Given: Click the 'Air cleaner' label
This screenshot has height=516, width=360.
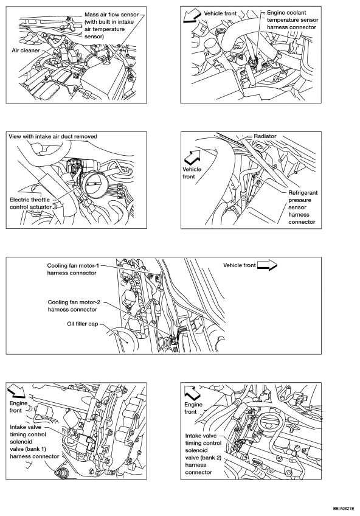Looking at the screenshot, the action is pyautogui.click(x=26, y=51).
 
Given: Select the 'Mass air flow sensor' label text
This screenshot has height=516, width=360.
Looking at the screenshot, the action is pyautogui.click(x=111, y=15).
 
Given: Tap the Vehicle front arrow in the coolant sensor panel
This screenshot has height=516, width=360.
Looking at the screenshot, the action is pyautogui.click(x=192, y=15).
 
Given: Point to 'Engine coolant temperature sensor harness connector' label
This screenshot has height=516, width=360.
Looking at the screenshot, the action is pyautogui.click(x=292, y=19).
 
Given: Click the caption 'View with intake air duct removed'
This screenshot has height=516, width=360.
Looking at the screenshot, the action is pyautogui.click(x=53, y=136).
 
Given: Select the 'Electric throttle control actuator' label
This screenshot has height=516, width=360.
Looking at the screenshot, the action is pyautogui.click(x=30, y=203).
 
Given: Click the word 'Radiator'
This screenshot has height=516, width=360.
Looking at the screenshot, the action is pyautogui.click(x=265, y=136).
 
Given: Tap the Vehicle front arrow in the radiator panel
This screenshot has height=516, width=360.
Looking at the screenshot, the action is pyautogui.click(x=192, y=156).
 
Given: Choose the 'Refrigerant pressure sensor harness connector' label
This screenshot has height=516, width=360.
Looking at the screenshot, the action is pyautogui.click(x=303, y=207).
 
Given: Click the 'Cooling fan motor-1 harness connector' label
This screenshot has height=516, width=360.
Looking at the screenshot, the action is pyautogui.click(x=72, y=269).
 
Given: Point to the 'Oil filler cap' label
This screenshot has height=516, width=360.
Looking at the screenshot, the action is pyautogui.click(x=83, y=324).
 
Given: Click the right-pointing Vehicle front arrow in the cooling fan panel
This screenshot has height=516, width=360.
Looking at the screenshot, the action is pyautogui.click(x=268, y=265).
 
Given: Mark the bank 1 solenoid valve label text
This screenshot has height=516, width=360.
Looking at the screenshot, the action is pyautogui.click(x=34, y=442).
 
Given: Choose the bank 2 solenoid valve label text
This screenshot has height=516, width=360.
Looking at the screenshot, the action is pyautogui.click(x=203, y=454).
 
